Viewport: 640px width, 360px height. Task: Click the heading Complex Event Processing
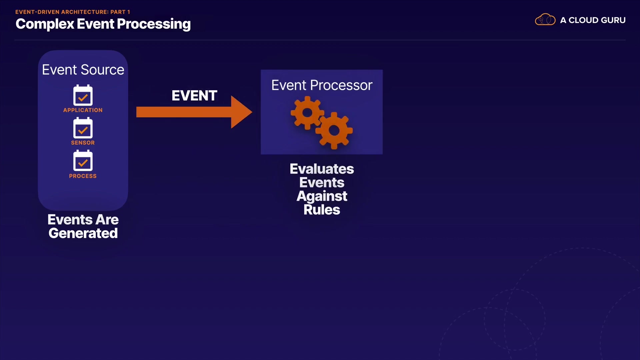pos(103,24)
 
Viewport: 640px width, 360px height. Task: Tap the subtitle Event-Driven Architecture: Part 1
pos(73,12)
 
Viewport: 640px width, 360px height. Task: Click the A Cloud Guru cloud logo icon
pos(545,20)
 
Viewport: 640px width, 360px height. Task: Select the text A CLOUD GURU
pos(593,20)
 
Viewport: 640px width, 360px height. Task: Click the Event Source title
pos(83,70)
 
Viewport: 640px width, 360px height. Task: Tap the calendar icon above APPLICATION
pos(83,95)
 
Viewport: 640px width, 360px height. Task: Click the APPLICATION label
pos(83,110)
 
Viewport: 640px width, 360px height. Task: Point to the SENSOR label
pos(83,143)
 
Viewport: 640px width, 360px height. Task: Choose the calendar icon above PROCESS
pos(83,161)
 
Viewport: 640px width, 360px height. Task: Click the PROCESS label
pos(83,176)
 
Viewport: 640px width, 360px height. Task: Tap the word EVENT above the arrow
pos(194,96)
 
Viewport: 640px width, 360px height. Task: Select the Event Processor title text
pos(322,85)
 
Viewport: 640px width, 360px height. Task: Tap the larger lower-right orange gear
pos(334,130)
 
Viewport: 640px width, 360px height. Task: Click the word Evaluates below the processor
pos(322,169)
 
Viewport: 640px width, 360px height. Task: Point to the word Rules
pos(322,210)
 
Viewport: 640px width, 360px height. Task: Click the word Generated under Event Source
pos(83,233)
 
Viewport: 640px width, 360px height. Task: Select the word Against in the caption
pos(322,196)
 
